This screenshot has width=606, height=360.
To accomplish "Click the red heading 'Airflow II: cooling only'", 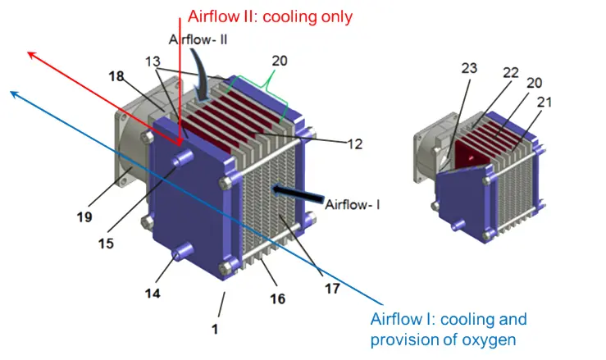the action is click(270, 17).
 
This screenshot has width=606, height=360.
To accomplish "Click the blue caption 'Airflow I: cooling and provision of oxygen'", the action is click(449, 330).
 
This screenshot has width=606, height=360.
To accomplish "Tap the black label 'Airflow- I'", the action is click(353, 204).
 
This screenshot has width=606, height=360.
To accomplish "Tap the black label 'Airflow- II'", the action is click(198, 39).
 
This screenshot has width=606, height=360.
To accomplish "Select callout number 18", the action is click(116, 76).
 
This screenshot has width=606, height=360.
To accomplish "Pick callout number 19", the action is click(84, 217).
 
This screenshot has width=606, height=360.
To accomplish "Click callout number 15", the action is click(106, 244).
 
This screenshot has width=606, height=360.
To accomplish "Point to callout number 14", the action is click(153, 293).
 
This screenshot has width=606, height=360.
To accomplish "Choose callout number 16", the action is click(277, 298).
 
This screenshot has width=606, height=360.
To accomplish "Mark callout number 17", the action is click(332, 289).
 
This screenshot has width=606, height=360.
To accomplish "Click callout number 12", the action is click(355, 144).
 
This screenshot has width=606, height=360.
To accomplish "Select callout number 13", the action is click(153, 62).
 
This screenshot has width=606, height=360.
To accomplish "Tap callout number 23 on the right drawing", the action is click(469, 68).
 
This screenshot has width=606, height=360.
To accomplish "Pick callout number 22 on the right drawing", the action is click(511, 73).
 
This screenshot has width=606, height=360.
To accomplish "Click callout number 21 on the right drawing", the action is click(544, 102).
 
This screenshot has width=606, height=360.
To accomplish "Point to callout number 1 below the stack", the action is click(215, 329).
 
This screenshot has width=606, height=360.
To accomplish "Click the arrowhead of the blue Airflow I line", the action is click(13, 93).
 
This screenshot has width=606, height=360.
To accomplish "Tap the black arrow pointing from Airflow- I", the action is click(298, 194).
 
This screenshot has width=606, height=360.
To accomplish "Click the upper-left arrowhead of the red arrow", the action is click(31, 54).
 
